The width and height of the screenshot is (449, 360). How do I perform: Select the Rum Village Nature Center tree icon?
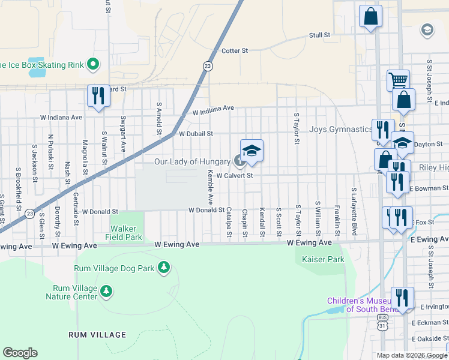[x=106, y=292]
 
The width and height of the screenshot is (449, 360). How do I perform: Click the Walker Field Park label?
[x=126, y=233]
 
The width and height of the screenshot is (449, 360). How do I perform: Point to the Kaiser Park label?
[x=311, y=259]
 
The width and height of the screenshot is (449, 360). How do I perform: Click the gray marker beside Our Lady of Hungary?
[x=238, y=161]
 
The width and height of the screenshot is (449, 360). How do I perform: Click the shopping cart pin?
[x=398, y=80]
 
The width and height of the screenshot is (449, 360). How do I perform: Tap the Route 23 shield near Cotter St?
[x=207, y=67]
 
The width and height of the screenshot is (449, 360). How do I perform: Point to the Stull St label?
[x=319, y=35]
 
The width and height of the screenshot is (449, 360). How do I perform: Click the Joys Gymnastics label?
[x=340, y=129]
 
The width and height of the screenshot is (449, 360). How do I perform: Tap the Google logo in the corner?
[x=20, y=353]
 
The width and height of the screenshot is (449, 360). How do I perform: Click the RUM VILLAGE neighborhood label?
[x=97, y=334]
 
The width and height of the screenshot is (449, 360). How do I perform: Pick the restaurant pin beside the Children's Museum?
[x=402, y=298]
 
